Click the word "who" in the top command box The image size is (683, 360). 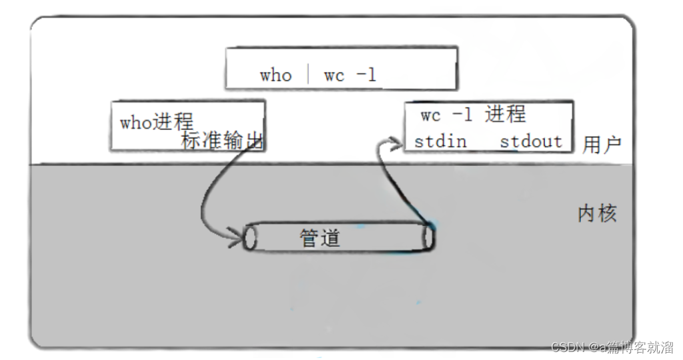tap(275, 75)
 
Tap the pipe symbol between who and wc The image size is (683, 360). tap(309, 74)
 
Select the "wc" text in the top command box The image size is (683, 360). tap(334, 75)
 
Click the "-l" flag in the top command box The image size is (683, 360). tap(366, 75)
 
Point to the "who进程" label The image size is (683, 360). tap(157, 122)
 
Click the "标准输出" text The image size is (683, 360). tap(223, 140)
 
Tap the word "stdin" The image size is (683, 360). tap(440, 141)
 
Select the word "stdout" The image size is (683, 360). tap(531, 141)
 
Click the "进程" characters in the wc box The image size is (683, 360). tap(505, 115)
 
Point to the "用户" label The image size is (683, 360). tap(602, 145)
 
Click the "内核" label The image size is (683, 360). tap(597, 214)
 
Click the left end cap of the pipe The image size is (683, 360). tap(250, 238)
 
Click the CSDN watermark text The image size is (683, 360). tap(612, 347)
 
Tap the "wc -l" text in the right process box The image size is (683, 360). tap(446, 115)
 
